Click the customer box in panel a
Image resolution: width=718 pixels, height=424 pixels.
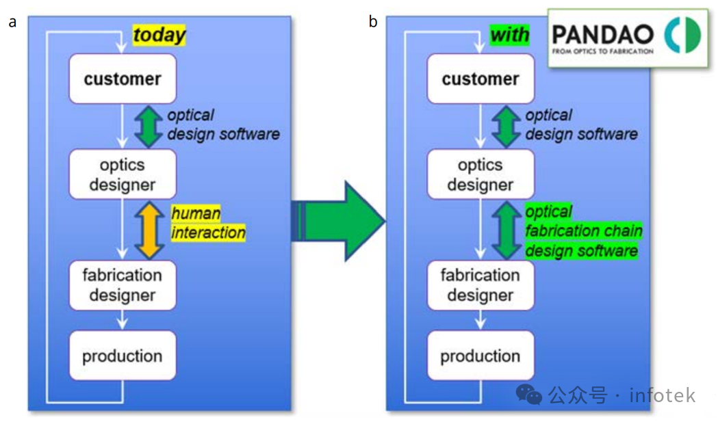pyautogui.click(x=123, y=79)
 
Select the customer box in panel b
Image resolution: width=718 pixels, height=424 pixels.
pyautogui.click(x=480, y=79)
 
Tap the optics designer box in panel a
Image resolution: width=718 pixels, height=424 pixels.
pyautogui.click(x=123, y=174)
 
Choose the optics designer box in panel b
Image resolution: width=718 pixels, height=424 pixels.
pyautogui.click(x=480, y=174)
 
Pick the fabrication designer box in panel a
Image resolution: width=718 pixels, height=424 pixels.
pyautogui.click(x=123, y=285)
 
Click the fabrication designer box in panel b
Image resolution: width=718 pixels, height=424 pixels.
pyautogui.click(x=480, y=285)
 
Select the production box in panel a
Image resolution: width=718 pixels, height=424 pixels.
pyautogui.click(x=123, y=356)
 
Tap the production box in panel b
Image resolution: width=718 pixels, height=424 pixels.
pyautogui.click(x=480, y=356)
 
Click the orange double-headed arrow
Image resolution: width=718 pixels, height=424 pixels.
pyautogui.click(x=149, y=230)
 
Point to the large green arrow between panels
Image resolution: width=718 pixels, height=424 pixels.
pyautogui.click(x=338, y=221)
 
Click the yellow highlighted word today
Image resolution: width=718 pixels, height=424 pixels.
pyautogui.click(x=159, y=35)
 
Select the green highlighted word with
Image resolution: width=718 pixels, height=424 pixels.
pyautogui.click(x=509, y=35)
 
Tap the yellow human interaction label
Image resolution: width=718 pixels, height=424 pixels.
pyautogui.click(x=208, y=223)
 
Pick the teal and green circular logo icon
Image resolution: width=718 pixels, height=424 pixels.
pyautogui.click(x=682, y=35)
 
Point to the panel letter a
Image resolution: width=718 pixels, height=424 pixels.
pyautogui.click(x=12, y=22)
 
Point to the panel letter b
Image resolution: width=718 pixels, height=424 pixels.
pyautogui.click(x=373, y=21)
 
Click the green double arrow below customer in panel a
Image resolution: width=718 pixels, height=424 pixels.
pyautogui.click(x=149, y=127)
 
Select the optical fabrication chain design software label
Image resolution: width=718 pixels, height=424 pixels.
pyautogui.click(x=583, y=231)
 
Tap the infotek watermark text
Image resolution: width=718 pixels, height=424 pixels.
pyautogui.click(x=662, y=395)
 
